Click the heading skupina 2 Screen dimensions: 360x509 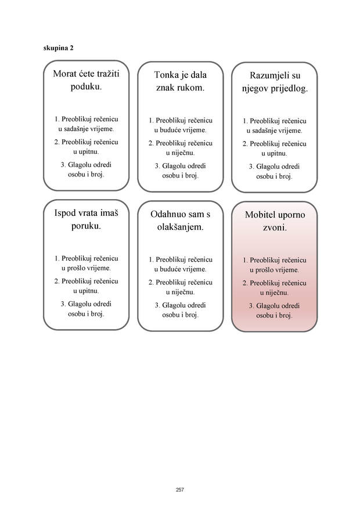tap(59, 48)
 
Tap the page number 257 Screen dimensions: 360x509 tap(180, 489)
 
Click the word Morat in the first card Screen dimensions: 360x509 tap(65, 74)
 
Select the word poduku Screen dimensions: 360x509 tap(87, 86)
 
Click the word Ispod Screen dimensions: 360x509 tap(65, 213)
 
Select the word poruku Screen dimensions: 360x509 tap(87, 226)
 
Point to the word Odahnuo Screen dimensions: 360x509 tap(165, 214)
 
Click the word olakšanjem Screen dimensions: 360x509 tap(181, 228)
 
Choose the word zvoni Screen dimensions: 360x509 tap(275, 228)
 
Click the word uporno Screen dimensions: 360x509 tap(291, 215)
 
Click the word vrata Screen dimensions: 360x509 tap(88, 213)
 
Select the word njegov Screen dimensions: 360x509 tap(252, 89)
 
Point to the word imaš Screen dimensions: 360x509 tap(109, 213)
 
